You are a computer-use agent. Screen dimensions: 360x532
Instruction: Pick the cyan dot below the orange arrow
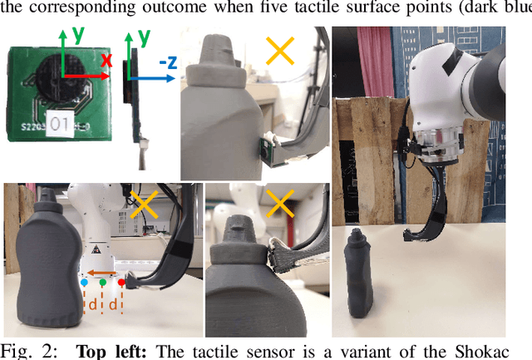coord(85,283)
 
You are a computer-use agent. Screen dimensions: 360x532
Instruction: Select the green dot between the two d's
coord(103,283)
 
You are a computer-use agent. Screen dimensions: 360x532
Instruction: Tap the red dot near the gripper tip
coord(121,283)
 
